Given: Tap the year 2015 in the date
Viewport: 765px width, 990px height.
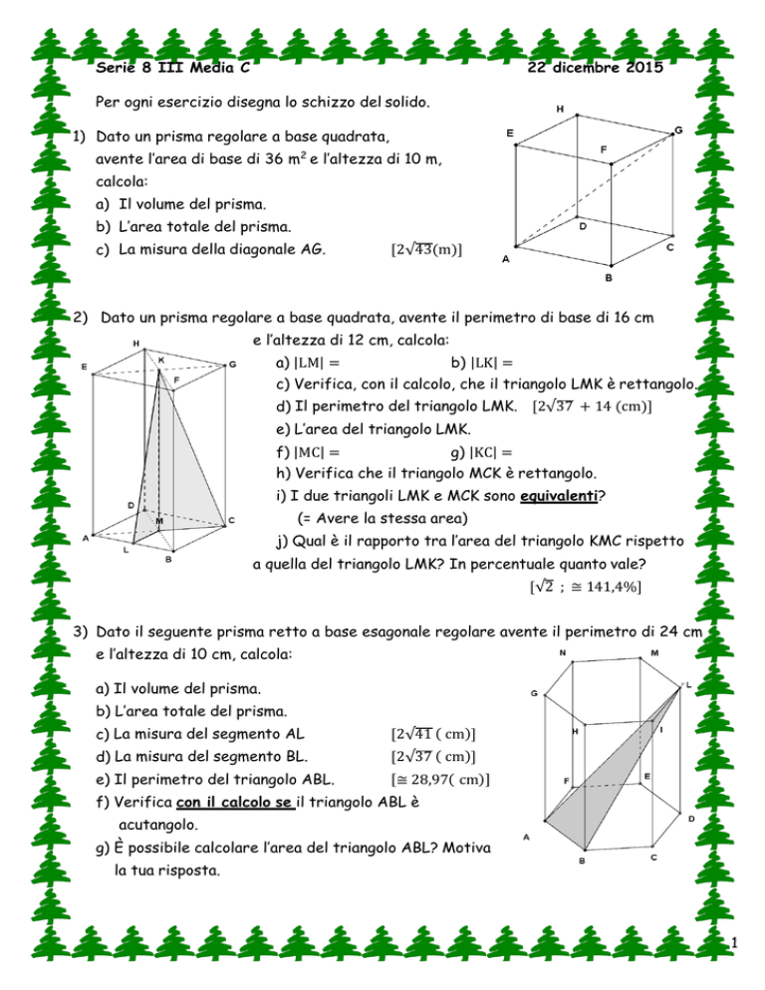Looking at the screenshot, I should click(x=638, y=67).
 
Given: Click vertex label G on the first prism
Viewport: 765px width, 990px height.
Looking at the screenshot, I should click(x=677, y=130).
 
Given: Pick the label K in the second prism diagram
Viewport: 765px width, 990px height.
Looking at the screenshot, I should click(x=161, y=360).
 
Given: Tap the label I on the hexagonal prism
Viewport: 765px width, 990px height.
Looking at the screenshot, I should click(x=662, y=730).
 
